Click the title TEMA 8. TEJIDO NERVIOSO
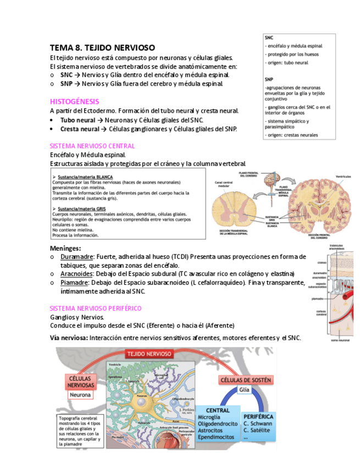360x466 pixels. (x=102, y=48)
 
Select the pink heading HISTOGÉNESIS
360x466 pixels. (x=74, y=102)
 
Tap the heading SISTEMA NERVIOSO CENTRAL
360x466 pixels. (x=92, y=146)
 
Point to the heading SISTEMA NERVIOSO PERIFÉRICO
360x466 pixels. (x=96, y=308)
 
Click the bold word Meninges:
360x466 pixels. (x=65, y=248)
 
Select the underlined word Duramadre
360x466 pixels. (x=76, y=257)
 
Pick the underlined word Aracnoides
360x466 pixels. (x=77, y=274)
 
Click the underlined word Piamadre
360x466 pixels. (x=74, y=282)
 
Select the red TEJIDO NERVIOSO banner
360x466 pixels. (x=149, y=354)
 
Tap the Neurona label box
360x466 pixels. (x=80, y=395)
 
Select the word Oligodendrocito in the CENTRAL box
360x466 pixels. (x=217, y=424)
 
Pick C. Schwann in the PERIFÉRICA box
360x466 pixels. (x=257, y=424)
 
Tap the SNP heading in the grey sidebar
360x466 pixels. (x=269, y=79)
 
